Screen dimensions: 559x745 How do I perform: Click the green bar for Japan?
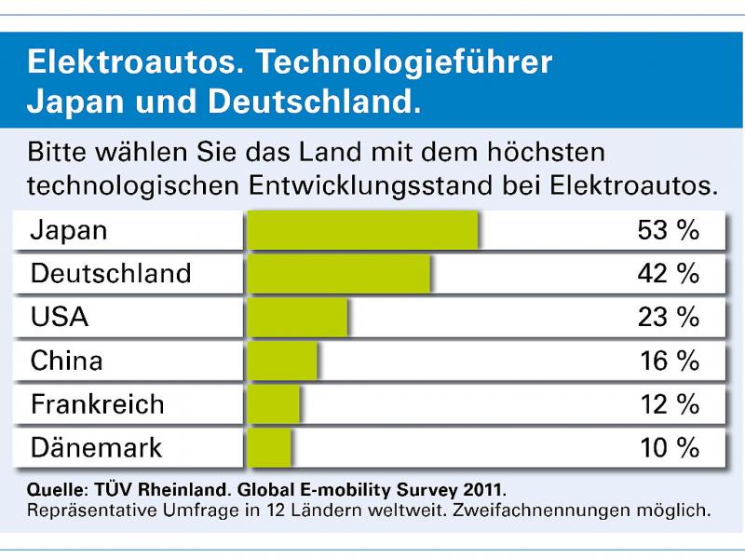(362, 231)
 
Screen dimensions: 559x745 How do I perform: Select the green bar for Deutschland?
(338, 274)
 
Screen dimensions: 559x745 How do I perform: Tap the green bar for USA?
(297, 318)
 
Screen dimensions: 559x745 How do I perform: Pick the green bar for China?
(282, 361)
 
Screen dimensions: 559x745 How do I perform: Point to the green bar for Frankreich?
(274, 404)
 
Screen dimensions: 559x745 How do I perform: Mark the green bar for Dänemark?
(269, 447)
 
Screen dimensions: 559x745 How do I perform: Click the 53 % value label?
(668, 231)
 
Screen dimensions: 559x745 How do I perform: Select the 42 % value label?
(668, 274)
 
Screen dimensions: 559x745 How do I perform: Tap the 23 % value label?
(668, 318)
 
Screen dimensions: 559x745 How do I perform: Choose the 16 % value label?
(668, 361)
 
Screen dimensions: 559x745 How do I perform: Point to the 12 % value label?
(668, 404)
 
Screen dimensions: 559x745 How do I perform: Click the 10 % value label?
(668, 447)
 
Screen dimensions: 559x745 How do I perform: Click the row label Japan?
(69, 231)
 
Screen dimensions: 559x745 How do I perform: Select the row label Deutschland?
(111, 274)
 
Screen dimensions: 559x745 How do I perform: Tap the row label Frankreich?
(97, 404)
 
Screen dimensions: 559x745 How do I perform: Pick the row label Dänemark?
(96, 447)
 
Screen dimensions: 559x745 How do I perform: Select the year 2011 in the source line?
(482, 489)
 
